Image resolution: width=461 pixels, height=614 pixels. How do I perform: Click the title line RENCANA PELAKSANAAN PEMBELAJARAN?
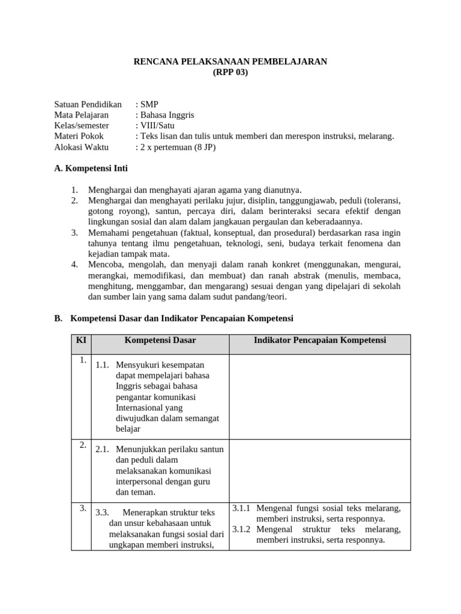230,62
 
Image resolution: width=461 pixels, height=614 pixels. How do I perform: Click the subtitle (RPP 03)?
230,73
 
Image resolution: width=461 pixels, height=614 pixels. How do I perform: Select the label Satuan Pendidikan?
88,104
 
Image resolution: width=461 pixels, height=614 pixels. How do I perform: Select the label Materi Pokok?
79,137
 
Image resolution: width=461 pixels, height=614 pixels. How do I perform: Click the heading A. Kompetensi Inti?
91,169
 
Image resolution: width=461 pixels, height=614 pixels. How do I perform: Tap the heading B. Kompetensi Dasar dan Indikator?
173,318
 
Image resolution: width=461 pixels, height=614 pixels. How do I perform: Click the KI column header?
80,341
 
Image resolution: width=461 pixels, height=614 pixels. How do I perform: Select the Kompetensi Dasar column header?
160,341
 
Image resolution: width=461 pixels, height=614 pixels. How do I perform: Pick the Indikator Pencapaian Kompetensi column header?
320,341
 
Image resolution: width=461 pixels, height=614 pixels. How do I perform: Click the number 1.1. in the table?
103,364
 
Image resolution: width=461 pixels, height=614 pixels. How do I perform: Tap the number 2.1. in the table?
103,449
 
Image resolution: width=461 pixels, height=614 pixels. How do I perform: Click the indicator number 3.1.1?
241,508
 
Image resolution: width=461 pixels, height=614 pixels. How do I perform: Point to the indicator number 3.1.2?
241,529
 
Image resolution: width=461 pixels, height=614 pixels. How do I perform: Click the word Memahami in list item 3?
107,233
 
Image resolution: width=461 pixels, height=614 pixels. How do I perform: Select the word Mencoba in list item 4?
105,264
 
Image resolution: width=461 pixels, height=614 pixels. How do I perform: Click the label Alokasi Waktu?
80,148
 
